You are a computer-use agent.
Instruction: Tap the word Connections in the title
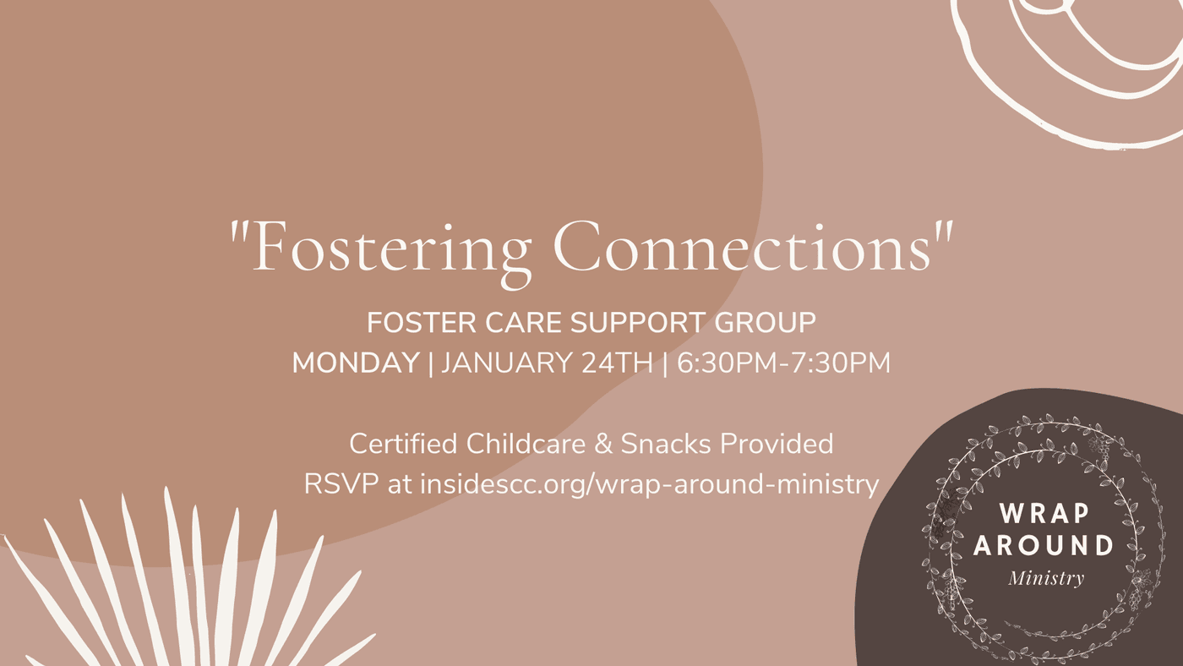[742, 247]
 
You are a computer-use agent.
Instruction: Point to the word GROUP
[766, 323]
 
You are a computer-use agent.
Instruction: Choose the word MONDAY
[356, 363]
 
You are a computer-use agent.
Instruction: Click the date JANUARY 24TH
[548, 363]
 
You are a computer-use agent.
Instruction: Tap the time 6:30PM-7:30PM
[783, 363]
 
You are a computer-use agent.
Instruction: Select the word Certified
[403, 444]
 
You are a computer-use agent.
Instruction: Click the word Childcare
[526, 444]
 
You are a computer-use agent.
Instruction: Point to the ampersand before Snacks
[603, 445]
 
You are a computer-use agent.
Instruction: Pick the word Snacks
[666, 444]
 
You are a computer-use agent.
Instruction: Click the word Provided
[777, 444]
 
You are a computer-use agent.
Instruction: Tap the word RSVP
[341, 483]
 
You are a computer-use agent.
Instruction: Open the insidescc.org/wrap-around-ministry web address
[649, 486]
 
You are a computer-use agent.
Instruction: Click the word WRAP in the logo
[1044, 513]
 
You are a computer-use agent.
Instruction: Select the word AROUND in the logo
[1044, 545]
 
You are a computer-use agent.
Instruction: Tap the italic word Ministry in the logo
[1046, 578]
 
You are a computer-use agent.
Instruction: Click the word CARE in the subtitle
[523, 323]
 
